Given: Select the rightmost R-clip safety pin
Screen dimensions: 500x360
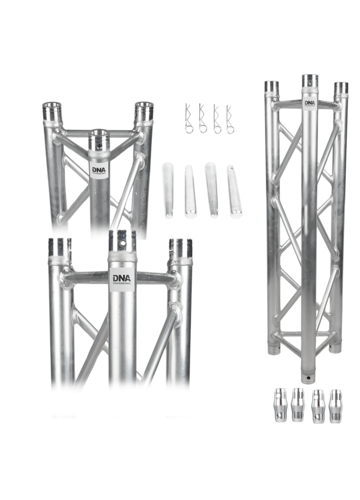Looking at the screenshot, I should click(x=229, y=119).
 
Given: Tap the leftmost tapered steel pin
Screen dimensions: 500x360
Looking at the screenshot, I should click(x=167, y=190).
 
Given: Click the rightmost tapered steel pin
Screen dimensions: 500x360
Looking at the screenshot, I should click(x=234, y=191).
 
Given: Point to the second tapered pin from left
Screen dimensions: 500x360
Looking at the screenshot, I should click(x=189, y=191).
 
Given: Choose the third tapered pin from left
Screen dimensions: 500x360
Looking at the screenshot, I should click(x=211, y=190).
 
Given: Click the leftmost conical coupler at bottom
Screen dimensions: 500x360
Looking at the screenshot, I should click(x=280, y=404).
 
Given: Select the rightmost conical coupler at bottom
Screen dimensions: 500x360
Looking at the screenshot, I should click(x=335, y=406).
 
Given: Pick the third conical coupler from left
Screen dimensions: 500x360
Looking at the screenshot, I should click(x=317, y=406).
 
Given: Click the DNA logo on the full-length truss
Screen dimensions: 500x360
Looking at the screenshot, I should click(x=310, y=103).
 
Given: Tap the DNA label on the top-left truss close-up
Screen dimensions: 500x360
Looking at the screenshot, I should click(x=99, y=170).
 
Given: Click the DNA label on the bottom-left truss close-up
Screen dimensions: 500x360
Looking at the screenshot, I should click(x=122, y=279).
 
